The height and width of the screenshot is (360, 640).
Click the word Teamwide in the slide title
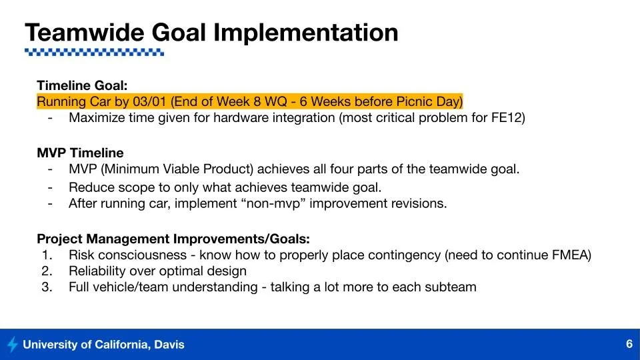point(85,32)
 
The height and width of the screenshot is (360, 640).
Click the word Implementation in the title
point(306,33)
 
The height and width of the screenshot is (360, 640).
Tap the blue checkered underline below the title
point(94,52)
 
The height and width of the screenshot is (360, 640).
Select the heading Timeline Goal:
point(82,85)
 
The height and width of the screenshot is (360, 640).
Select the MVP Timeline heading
point(80,153)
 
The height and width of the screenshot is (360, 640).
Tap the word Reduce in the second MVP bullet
point(91,187)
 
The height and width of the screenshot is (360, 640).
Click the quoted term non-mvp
point(273,203)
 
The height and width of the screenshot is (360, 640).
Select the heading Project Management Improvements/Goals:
point(173,239)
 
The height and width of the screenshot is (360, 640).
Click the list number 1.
point(47,255)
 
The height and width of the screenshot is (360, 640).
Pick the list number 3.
point(47,287)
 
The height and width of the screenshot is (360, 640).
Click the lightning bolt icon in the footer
point(13,344)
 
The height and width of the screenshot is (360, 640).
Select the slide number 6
point(629,344)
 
